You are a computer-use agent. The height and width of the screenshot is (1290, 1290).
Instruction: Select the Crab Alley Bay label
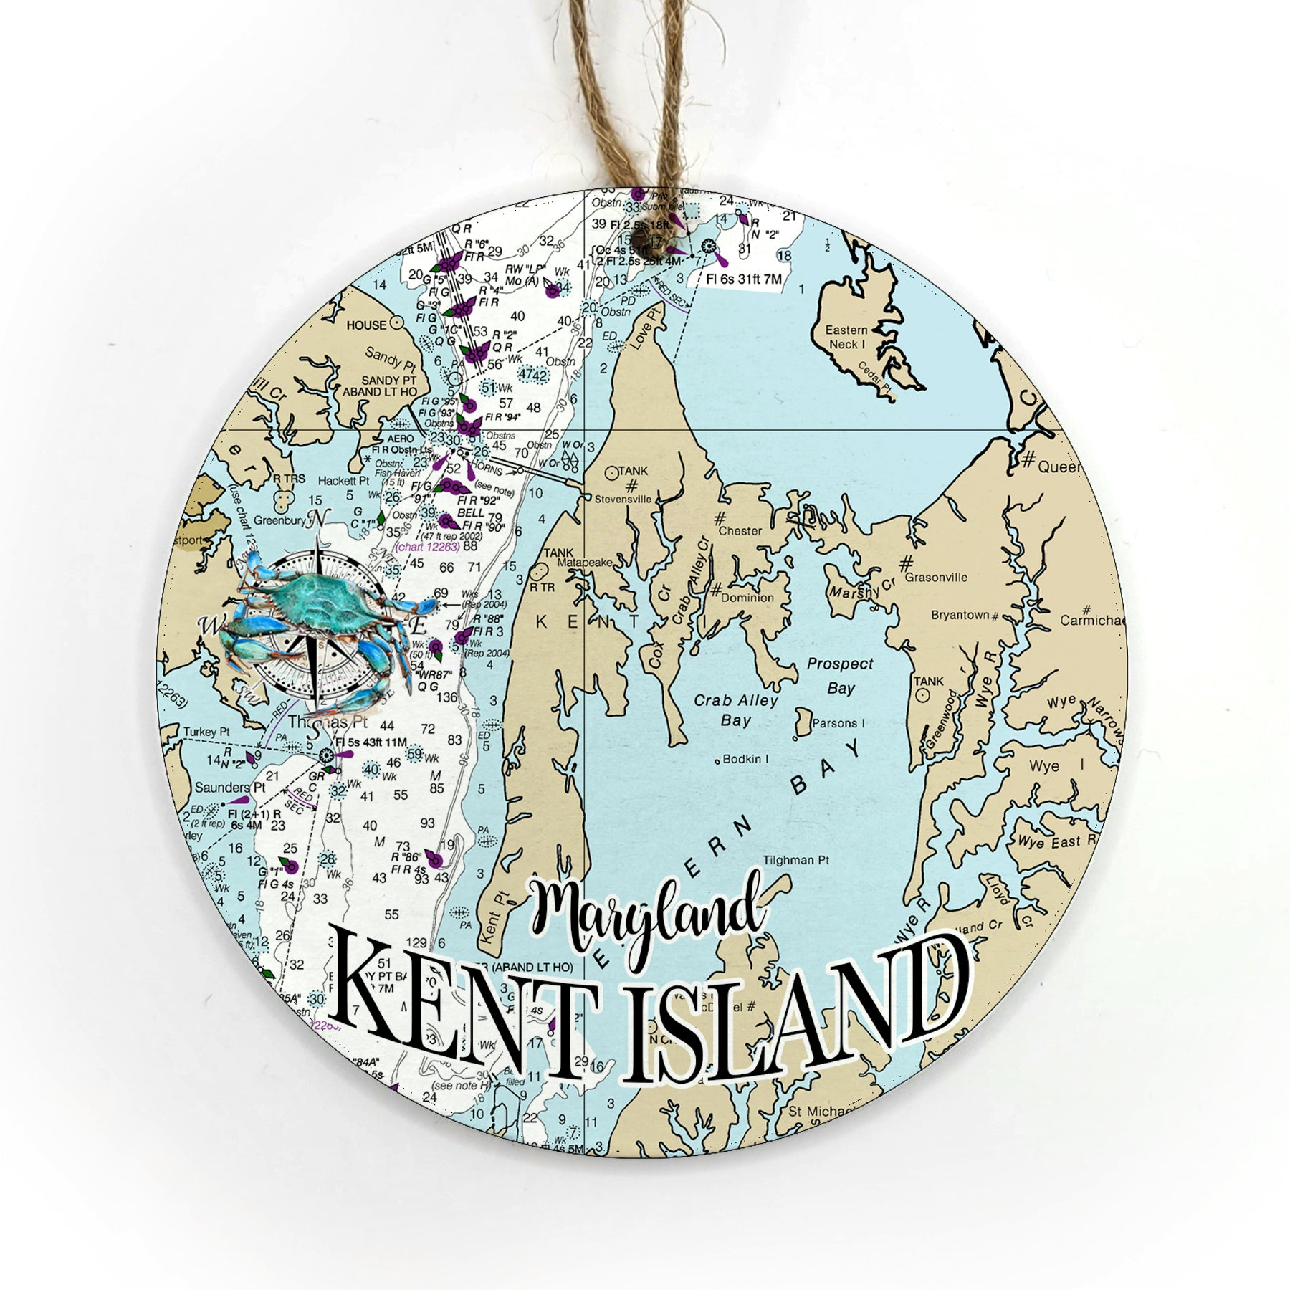point(736,709)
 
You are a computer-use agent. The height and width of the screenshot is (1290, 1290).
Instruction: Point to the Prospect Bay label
point(840,675)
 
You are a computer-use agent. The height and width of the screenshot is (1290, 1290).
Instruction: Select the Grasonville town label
point(935,577)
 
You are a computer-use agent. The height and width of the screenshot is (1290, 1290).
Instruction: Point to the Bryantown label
point(960,615)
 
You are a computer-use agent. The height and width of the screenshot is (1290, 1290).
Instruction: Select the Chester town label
point(740,531)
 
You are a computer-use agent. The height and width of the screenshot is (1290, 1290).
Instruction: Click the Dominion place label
point(747,597)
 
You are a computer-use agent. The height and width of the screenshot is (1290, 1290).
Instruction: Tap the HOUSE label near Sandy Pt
point(366,325)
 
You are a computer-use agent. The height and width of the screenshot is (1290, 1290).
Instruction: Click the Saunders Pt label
point(222,788)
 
